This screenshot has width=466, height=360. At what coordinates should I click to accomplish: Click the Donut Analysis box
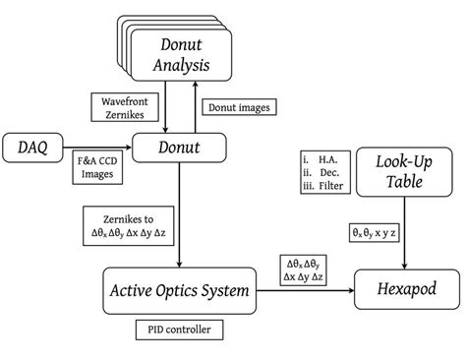click(x=183, y=55)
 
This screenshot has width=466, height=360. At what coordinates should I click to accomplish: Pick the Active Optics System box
click(x=180, y=290)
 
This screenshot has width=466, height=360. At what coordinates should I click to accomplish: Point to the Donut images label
click(x=235, y=106)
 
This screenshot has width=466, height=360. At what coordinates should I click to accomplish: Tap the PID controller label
click(x=179, y=330)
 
